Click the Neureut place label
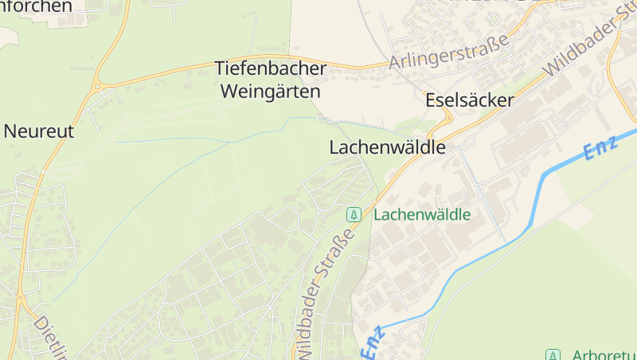[39, 131]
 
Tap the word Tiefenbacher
[271, 69]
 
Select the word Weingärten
[270, 92]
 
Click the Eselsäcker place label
[470, 101]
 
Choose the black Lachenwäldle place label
[387, 148]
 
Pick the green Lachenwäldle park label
[422, 215]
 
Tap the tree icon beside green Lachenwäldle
[354, 215]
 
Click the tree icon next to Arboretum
[553, 354]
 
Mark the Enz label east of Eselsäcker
[600, 147]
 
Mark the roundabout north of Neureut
[98, 86]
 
